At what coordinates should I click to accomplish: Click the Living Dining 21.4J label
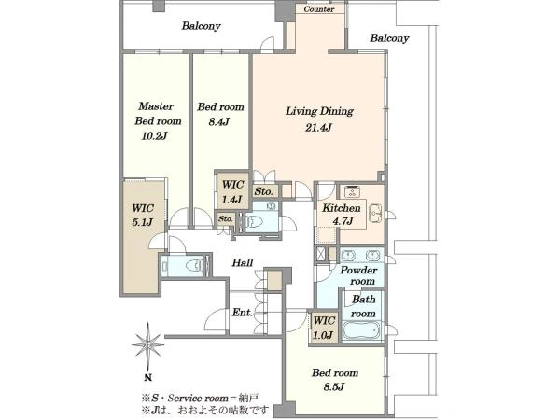point(319,119)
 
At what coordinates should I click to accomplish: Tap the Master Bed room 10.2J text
point(158,121)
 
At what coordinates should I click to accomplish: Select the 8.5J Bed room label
point(335,380)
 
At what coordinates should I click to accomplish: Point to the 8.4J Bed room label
point(220,114)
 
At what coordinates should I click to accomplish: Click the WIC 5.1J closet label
point(143,215)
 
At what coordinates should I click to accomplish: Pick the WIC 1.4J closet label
point(232,192)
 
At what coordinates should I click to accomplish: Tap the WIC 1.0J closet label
point(324,328)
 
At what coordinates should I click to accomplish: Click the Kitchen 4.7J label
point(342,215)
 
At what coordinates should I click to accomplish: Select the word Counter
point(319,9)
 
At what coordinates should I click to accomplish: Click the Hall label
point(243,263)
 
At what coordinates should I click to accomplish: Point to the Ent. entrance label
point(242,313)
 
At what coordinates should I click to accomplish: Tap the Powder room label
point(358,275)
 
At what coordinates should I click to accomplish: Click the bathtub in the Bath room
point(362,331)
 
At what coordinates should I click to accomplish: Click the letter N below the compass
point(148,377)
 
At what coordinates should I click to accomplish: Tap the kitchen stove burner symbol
point(352,191)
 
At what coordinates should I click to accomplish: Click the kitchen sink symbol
point(375,214)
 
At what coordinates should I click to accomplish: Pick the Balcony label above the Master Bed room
point(201,26)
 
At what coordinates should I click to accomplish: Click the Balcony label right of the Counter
point(389,38)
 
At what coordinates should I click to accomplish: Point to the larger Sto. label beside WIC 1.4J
point(263,191)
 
